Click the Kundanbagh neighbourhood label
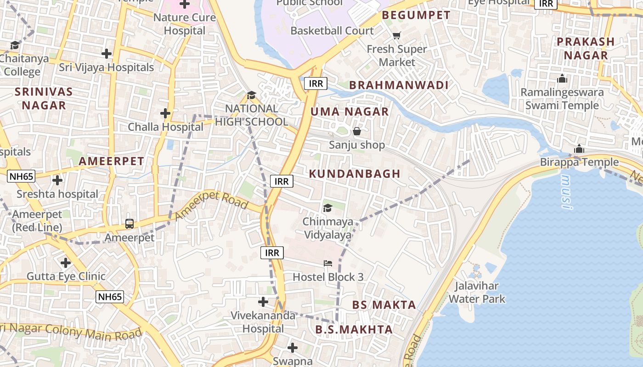355,174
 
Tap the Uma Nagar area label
350,111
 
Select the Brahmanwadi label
399,85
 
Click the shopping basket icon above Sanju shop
357,132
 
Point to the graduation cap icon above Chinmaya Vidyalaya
327,208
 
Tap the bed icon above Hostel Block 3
328,263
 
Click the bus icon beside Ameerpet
130,224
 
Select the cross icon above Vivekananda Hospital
263,302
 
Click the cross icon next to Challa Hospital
165,113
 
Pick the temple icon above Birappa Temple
579,149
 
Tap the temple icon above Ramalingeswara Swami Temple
562,78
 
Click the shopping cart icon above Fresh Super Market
397,35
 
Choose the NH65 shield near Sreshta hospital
21,176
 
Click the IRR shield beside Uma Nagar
316,83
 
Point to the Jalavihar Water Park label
477,293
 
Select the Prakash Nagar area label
586,48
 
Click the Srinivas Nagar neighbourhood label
44,98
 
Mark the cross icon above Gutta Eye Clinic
66,263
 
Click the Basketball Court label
332,31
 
